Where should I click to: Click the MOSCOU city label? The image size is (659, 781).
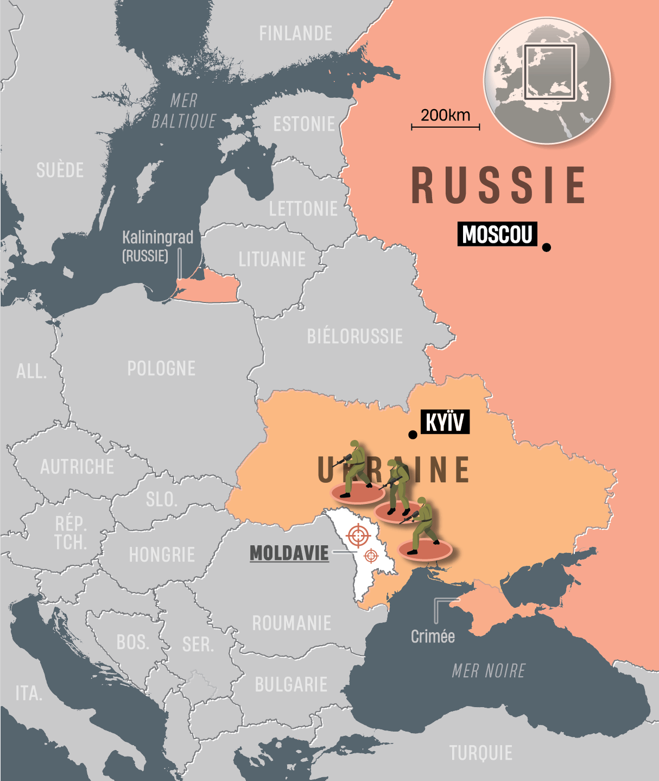coord(497,234)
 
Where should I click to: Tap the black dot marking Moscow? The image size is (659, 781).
coord(547,247)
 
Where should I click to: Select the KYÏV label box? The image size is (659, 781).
coord(445,422)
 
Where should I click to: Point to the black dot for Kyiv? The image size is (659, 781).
coord(413,434)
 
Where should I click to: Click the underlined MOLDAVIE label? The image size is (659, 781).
coord(289,553)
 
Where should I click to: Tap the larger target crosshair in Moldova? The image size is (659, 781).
coord(358,536)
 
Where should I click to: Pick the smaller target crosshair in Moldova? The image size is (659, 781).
coord(371,556)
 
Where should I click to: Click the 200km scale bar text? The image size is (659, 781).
coord(445,115)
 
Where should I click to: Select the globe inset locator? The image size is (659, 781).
coord(547,81)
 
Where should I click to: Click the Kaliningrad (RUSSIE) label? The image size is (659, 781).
coord(157,246)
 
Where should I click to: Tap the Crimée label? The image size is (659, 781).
coord(433,636)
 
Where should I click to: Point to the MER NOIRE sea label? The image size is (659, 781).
coord(489,671)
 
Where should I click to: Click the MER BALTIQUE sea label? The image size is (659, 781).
coord(183,111)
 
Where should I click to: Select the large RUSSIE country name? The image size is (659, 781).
coord(498,186)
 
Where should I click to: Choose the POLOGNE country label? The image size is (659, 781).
coord(161,369)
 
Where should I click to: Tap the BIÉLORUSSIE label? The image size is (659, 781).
coord(354,336)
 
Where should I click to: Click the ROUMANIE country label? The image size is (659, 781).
coord(292,623)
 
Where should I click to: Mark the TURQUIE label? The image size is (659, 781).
coord(480,753)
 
